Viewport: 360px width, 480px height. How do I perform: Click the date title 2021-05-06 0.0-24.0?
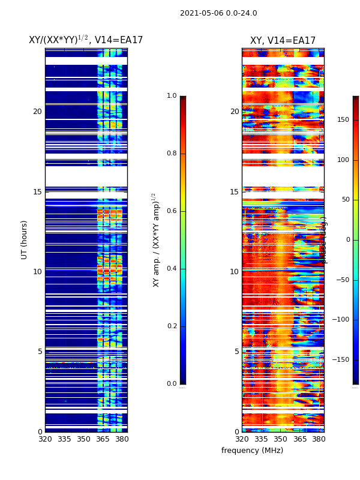click(218, 13)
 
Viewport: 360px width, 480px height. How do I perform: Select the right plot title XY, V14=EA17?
click(283, 41)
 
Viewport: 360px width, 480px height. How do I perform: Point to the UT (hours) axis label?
click(25, 239)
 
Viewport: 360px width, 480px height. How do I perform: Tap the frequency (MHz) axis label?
click(252, 451)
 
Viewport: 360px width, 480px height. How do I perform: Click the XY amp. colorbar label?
click(156, 239)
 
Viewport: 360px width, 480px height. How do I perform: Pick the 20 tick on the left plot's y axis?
click(37, 112)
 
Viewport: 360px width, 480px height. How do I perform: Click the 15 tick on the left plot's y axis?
click(37, 192)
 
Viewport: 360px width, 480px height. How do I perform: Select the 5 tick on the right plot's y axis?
click(236, 352)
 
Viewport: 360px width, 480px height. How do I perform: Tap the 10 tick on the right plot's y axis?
click(235, 272)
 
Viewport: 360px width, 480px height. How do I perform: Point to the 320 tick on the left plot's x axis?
click(45, 439)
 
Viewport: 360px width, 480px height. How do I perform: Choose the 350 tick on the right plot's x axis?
click(280, 439)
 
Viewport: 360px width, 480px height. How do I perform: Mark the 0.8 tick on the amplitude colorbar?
click(171, 154)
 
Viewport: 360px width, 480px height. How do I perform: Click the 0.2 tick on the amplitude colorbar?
click(171, 326)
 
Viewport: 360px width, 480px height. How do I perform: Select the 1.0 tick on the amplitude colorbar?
click(171, 96)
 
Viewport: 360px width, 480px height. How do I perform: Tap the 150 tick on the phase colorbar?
click(343, 119)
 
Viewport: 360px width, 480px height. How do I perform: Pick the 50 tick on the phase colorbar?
click(345, 199)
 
